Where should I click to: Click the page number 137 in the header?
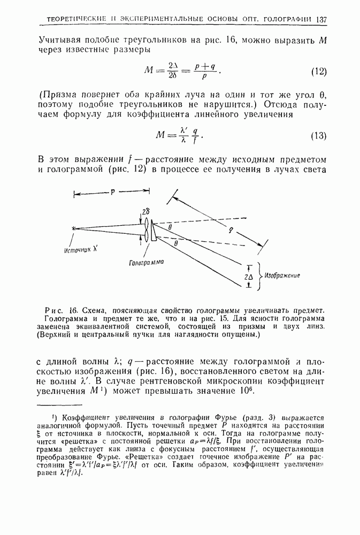tap(321, 20)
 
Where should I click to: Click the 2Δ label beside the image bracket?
tap(248, 277)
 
